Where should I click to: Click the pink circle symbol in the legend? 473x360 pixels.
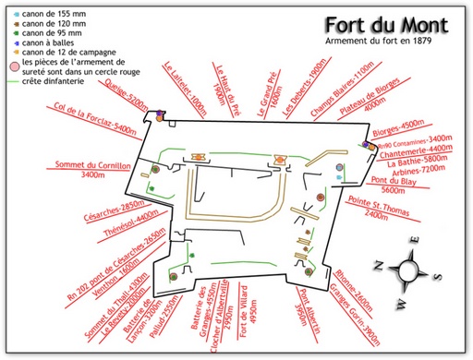pyautogui.click(x=12, y=67)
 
